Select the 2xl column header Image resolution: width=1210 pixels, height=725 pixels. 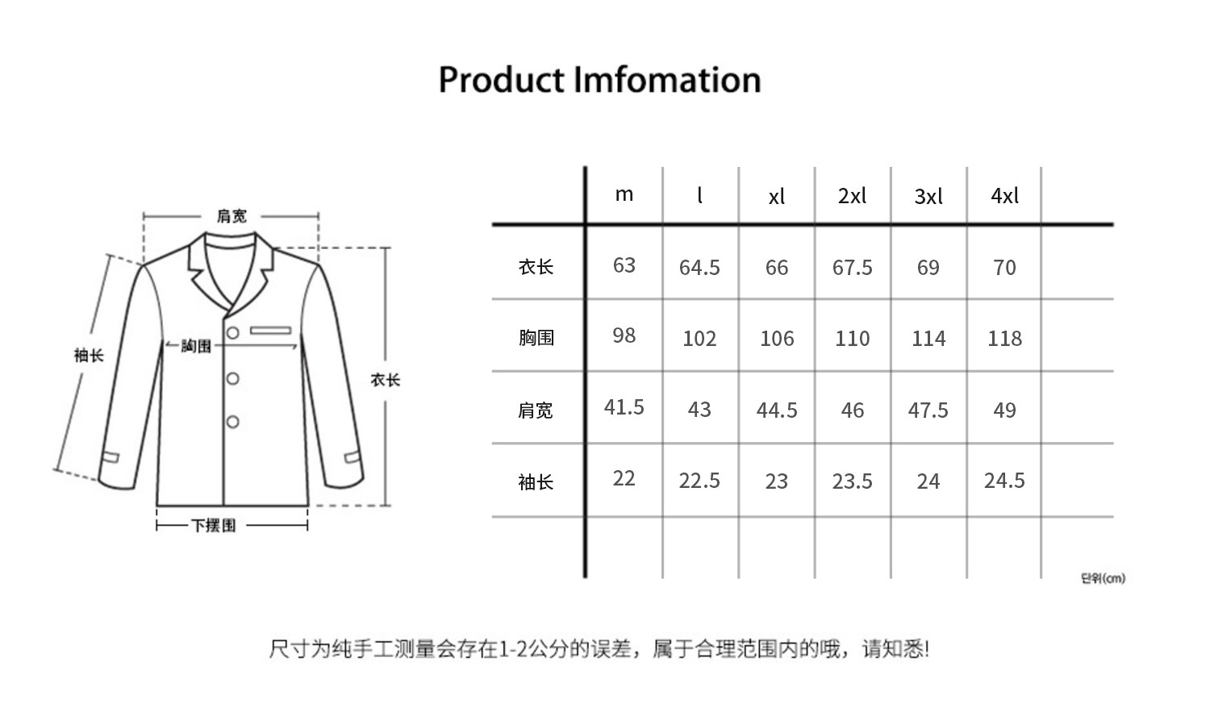852,196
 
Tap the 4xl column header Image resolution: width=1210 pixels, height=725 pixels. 1004,196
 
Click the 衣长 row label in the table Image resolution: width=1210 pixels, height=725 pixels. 536,267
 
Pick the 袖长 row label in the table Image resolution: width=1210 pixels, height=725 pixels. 536,482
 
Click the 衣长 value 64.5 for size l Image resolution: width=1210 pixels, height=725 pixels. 699,268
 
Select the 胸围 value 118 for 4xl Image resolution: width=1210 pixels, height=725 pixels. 1004,339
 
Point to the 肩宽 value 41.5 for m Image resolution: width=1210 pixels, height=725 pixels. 624,407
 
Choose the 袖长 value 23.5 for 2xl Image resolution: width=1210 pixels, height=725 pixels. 852,481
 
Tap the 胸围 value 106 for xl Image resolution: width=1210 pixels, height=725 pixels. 776,339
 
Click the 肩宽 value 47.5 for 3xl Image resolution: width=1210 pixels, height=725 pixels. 928,410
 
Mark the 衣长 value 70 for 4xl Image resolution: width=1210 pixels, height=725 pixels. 1004,268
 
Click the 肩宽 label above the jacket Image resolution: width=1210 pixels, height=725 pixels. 232,216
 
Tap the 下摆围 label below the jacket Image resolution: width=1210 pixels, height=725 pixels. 214,526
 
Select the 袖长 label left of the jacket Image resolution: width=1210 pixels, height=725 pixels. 89,356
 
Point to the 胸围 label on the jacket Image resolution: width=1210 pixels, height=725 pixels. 196,347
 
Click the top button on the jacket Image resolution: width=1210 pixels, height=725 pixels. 232,333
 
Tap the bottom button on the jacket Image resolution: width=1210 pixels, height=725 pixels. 232,422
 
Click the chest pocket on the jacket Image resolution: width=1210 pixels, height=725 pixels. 270,331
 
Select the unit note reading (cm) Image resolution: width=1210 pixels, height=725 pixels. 1103,578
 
